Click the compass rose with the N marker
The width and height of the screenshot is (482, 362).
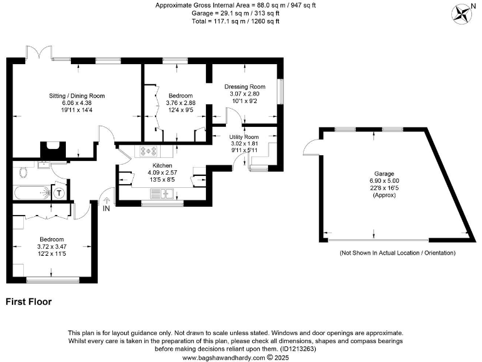(x=461, y=14)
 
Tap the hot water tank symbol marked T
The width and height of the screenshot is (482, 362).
(x=59, y=194)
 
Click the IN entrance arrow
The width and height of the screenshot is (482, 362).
(x=106, y=200)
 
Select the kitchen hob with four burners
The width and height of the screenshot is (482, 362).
(x=149, y=151)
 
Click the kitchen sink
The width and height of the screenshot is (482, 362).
(x=162, y=194)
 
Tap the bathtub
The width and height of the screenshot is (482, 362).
(x=32, y=192)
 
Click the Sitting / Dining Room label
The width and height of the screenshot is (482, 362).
(x=77, y=96)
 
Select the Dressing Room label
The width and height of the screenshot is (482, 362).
(x=245, y=87)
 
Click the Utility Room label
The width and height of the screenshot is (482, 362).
(x=244, y=136)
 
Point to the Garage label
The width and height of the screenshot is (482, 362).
(x=384, y=173)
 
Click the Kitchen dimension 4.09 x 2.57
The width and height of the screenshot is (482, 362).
(x=163, y=172)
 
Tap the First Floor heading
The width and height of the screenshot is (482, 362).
(x=29, y=302)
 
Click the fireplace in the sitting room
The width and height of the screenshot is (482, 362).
(x=53, y=150)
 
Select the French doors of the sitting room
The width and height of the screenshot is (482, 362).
(x=39, y=52)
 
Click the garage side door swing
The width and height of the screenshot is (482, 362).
(x=311, y=147)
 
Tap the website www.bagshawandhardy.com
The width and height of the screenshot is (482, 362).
(x=223, y=358)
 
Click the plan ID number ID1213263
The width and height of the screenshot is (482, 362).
(x=297, y=349)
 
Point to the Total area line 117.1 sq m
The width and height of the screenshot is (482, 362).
(x=235, y=21)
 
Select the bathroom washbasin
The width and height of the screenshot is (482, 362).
(x=43, y=165)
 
